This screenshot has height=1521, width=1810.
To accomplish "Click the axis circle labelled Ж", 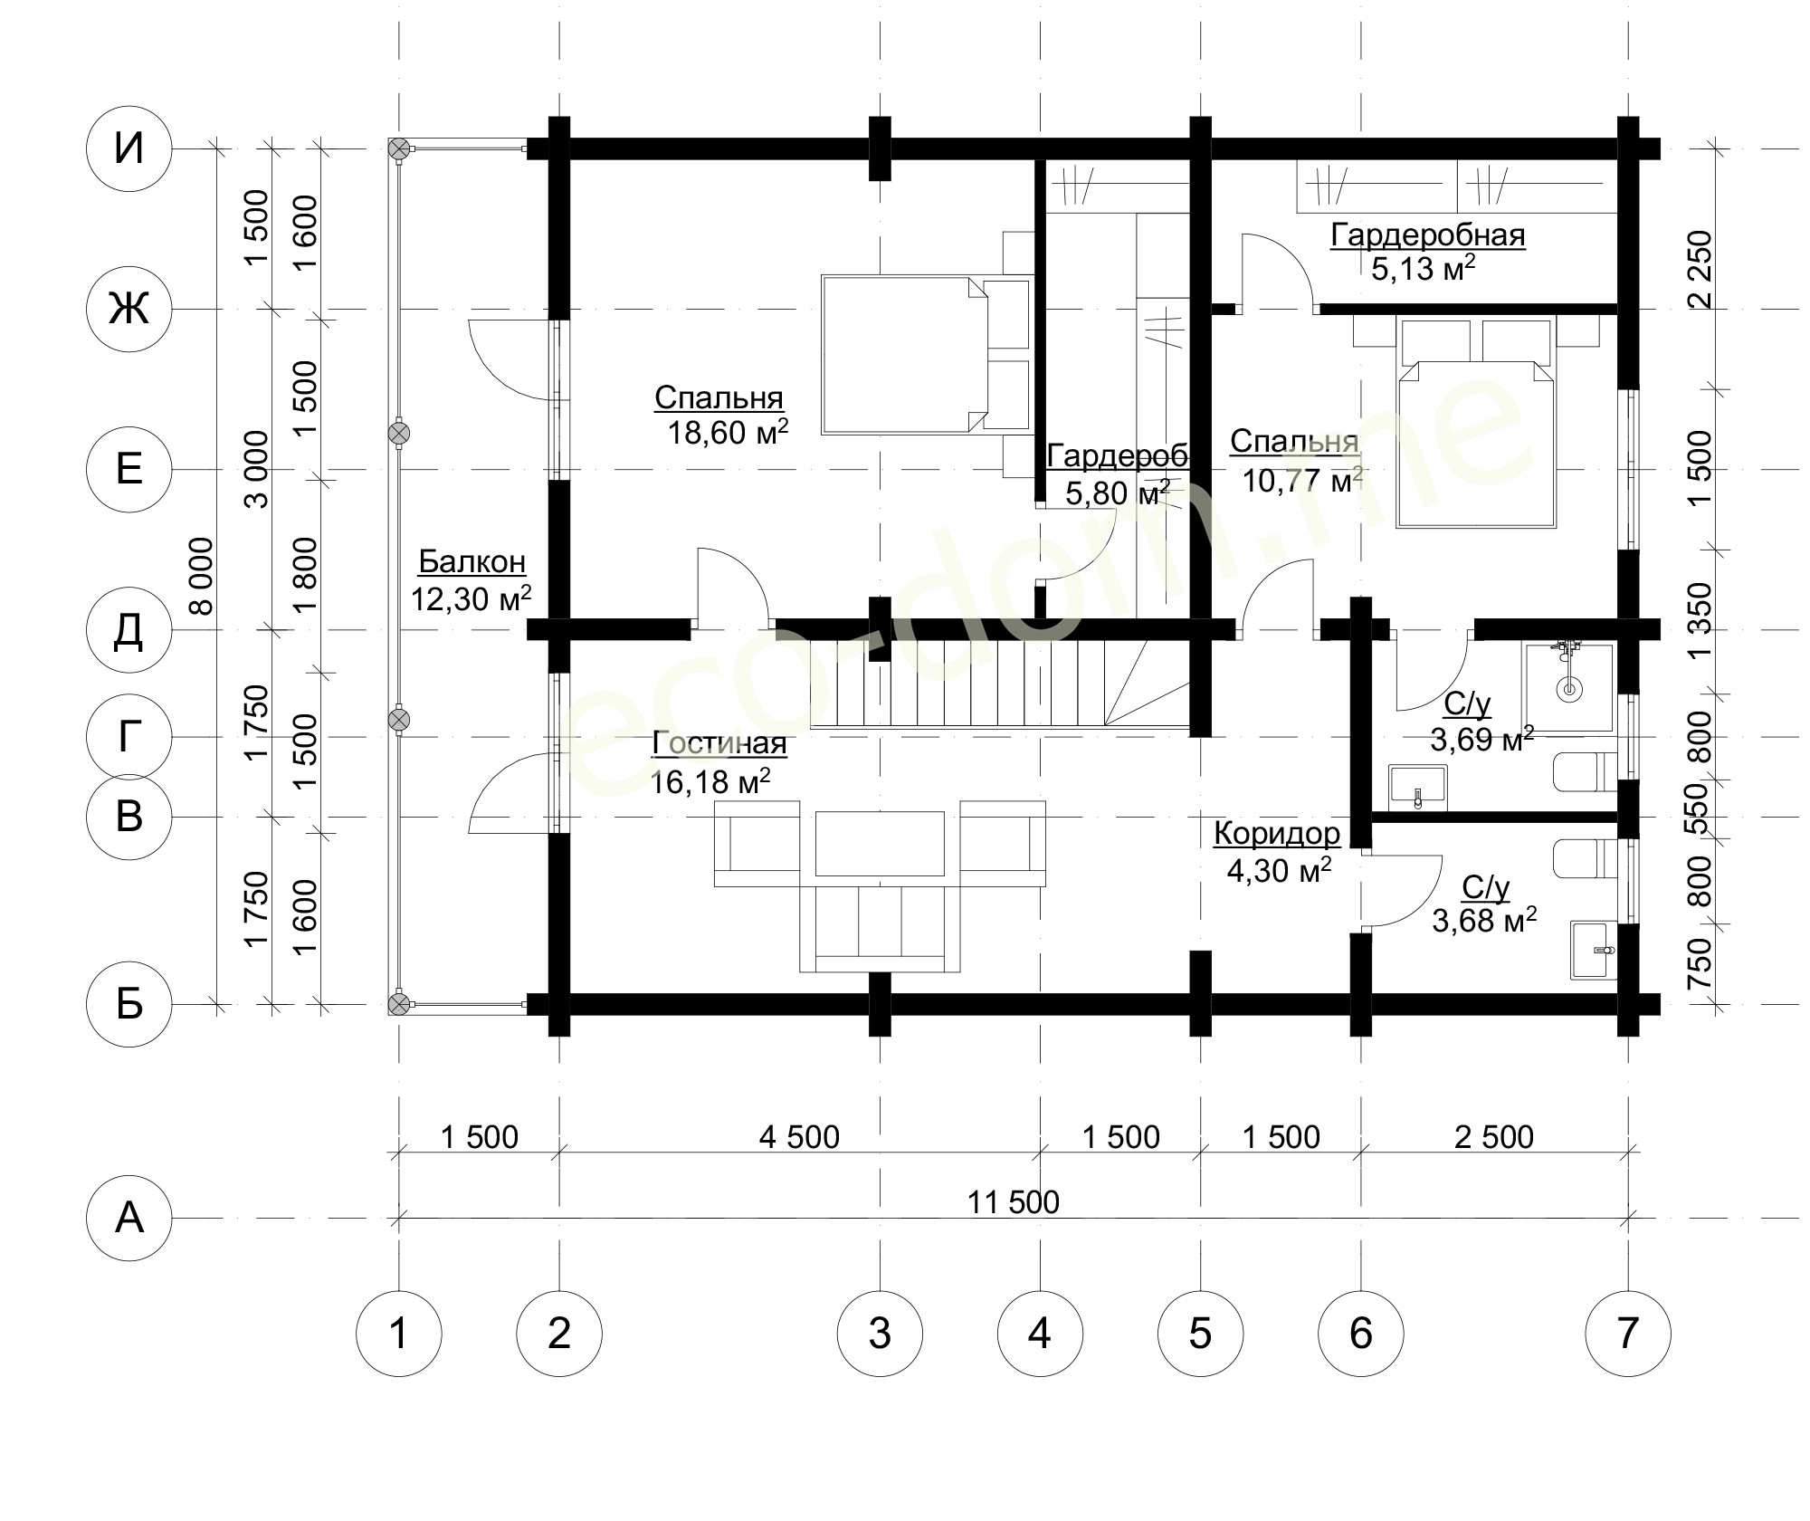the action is [x=129, y=310].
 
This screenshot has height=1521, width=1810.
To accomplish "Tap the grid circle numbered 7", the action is [x=1627, y=1333].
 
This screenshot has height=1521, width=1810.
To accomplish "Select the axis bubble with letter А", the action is [x=129, y=1218].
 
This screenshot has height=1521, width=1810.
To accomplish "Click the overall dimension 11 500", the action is [x=1014, y=1202].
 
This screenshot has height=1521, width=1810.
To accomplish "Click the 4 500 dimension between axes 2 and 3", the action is [x=800, y=1136].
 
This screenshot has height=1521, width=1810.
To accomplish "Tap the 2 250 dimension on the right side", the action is [x=1700, y=270].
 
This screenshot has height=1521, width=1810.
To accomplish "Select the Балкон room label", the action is [x=472, y=562].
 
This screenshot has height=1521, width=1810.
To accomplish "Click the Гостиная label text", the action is [x=719, y=744].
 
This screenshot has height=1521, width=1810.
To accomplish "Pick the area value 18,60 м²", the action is [x=728, y=432].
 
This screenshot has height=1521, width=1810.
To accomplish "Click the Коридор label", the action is [x=1277, y=833].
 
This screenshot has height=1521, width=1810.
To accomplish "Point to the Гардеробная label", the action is [x=1428, y=235].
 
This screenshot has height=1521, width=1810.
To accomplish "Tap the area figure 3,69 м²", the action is [x=1482, y=739].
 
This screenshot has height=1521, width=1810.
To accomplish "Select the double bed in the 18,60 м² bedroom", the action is [x=928, y=355].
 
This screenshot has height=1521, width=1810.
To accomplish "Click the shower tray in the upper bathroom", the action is [x=1569, y=687].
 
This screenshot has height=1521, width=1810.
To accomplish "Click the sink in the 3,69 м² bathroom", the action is [x=1418, y=787].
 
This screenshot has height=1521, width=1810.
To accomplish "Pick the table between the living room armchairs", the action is [x=879, y=843].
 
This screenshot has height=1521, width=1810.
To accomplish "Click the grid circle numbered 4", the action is [x=1040, y=1333].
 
